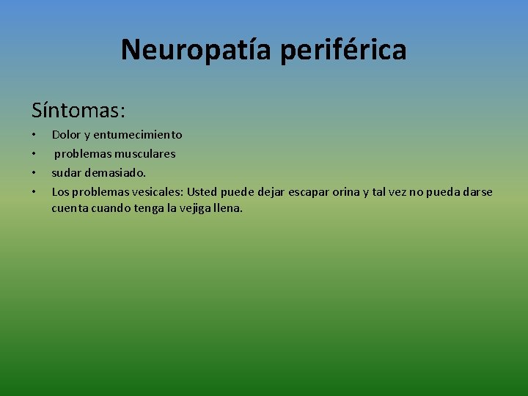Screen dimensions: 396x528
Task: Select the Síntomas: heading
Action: coord(78,111)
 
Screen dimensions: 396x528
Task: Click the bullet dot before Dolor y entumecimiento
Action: coord(34,136)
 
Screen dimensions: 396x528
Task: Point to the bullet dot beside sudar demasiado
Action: coord(34,174)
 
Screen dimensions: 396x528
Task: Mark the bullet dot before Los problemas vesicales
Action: coord(34,193)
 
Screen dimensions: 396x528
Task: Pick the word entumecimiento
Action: coord(139,135)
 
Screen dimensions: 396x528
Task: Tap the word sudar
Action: coord(65,173)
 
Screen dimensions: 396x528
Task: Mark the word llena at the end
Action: coord(227,208)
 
